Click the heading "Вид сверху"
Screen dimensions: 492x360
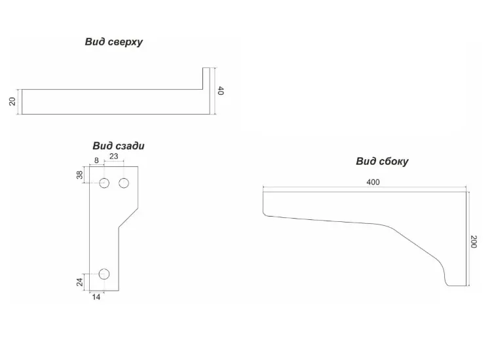pos(113,42)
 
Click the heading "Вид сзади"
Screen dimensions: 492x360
pos(119,146)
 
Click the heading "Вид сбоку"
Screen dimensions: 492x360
pos(382,162)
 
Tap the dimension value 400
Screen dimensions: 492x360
pos(373,182)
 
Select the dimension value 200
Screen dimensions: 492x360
pos(474,242)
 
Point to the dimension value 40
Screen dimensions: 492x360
pos(221,91)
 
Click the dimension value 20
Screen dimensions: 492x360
pos(12,101)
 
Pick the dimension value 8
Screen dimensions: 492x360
pos(96,160)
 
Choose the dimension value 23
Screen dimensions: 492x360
pos(113,156)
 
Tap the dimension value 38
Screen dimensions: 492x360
pos(80,175)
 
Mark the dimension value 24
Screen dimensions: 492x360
pos(80,282)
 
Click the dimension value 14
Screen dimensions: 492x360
pos(96,297)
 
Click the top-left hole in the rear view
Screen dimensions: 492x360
pos(104,183)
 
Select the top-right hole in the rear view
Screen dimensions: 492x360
pos(124,183)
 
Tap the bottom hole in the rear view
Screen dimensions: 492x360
pos(104,274)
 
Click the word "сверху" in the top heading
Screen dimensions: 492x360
pos(126,43)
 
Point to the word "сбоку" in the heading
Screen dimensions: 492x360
pos(394,162)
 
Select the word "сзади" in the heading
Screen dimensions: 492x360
pos(130,146)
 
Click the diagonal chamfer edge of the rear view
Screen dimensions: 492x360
pos(128,218)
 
